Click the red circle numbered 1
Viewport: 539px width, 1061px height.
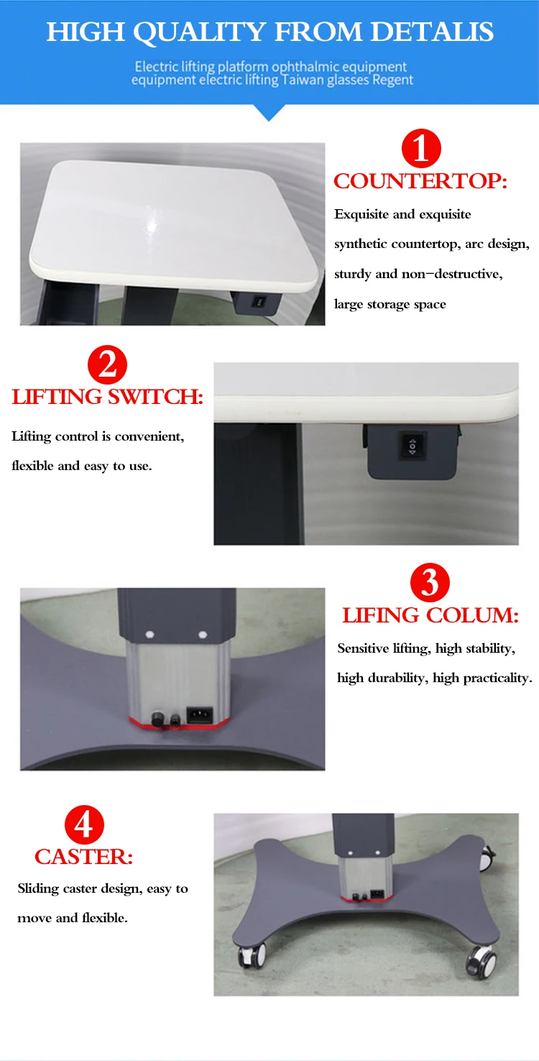pos(420,149)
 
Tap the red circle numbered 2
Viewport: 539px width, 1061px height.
pos(107,365)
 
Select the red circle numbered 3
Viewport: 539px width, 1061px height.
pos(430,583)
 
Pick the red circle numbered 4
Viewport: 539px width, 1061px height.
pos(84,825)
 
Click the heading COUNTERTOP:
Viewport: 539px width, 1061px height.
pos(420,181)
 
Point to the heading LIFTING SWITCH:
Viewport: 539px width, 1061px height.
pos(108,397)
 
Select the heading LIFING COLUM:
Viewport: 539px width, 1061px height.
pos(430,615)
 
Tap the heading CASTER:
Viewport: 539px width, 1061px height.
pos(84,857)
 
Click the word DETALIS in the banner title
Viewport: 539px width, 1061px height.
pos(433,32)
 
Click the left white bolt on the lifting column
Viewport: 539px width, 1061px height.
pos(150,635)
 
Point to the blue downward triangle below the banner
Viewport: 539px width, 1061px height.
pos(269,112)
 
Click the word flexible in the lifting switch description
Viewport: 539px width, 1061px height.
pos(33,466)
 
